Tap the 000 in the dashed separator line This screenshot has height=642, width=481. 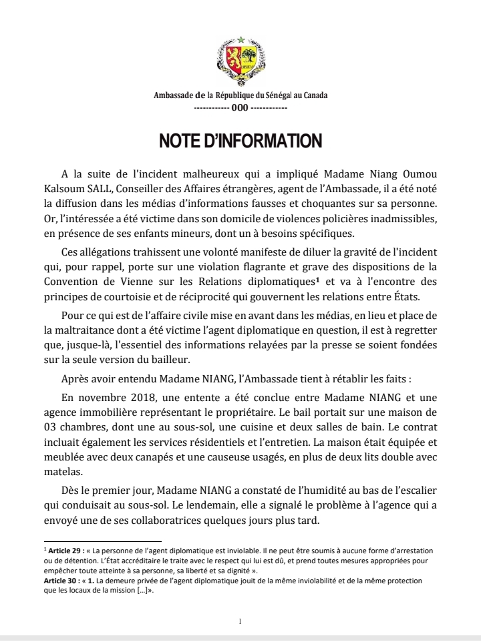coord(240,107)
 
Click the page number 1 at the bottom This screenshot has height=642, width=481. coord(240,621)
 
